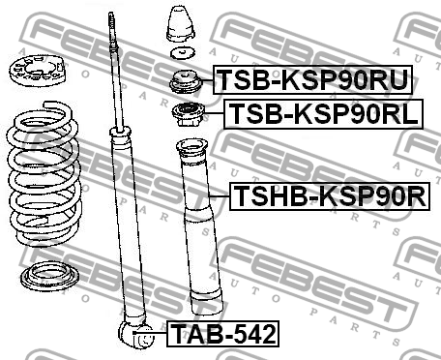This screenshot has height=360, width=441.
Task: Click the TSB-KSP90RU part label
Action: (309, 78)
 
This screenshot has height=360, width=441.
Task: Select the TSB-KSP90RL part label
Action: (323, 113)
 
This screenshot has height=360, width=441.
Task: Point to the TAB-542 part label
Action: (222, 335)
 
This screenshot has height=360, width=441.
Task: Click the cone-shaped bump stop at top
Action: (179, 24)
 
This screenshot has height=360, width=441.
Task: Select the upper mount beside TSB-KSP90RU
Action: (184, 82)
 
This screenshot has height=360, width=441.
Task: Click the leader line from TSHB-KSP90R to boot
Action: (220, 198)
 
